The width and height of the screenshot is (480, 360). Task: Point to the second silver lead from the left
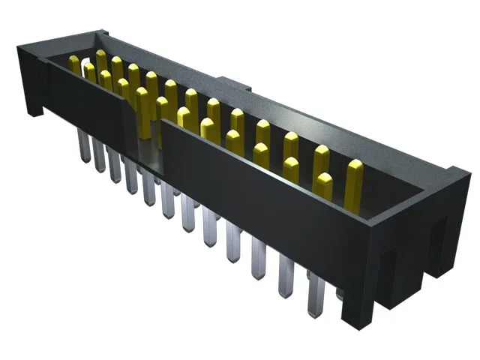98,157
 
